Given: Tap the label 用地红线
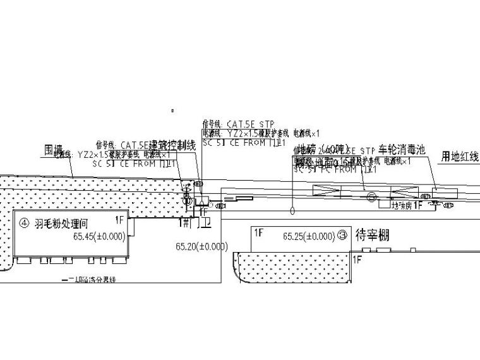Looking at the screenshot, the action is pos(460,156).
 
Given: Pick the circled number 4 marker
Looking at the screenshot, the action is pos(25,223).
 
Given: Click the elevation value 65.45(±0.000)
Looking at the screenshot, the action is pos(100,237).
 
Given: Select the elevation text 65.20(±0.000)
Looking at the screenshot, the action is pos(203,247).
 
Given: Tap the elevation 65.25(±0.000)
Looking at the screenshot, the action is pos(309,237).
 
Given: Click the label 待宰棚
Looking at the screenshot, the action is pos(373,236).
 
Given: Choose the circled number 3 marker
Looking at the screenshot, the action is pos(343,236).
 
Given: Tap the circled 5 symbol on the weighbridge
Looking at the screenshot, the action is pos(371,197).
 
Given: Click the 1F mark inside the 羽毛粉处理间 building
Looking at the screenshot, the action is pos(119,220).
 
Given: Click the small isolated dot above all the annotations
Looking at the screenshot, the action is pos(172,111).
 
